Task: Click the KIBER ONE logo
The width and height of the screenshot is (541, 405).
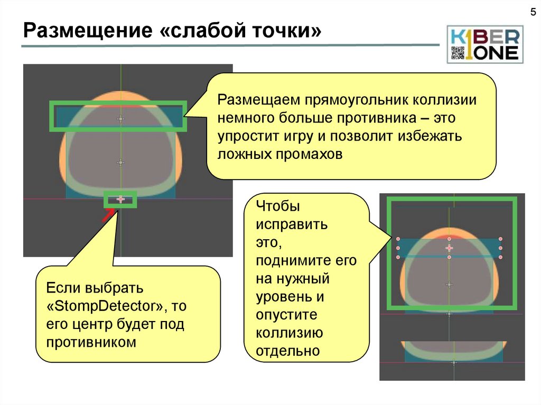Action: (x=484, y=44)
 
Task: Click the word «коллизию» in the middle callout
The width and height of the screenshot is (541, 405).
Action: (x=290, y=333)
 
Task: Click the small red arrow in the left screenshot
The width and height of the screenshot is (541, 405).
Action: (x=107, y=215)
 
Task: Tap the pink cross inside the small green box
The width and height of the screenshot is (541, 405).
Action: (x=120, y=199)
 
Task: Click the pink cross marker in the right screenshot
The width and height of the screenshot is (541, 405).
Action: (x=449, y=248)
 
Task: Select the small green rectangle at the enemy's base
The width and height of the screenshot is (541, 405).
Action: (x=120, y=200)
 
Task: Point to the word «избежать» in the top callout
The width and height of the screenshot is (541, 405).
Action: (x=437, y=136)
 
